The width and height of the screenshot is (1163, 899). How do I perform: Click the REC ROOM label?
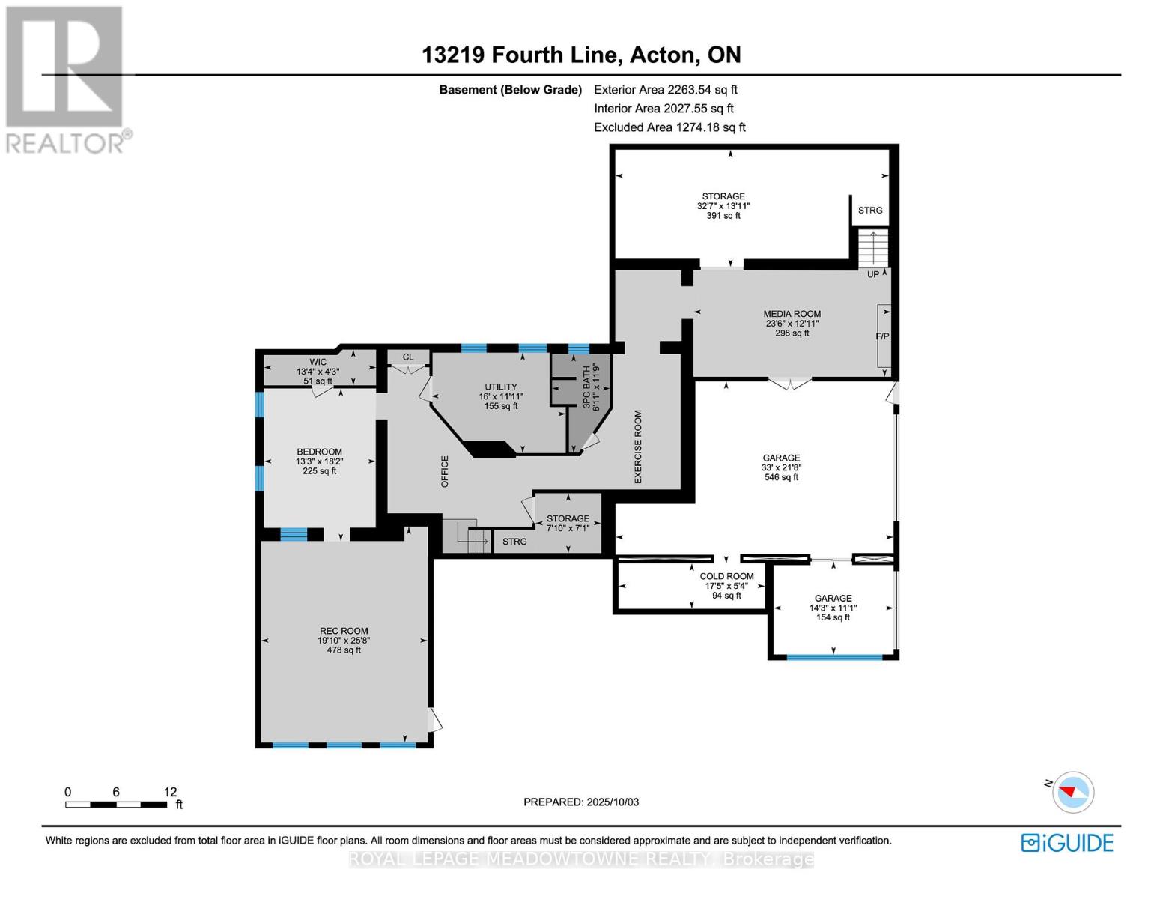pos(344,631)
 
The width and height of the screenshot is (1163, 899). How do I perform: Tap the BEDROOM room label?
pos(319,452)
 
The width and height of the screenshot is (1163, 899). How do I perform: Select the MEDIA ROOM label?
pos(792,314)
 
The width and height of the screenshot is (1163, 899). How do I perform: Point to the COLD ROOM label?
pos(726,576)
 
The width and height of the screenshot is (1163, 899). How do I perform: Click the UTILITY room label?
pos(500,387)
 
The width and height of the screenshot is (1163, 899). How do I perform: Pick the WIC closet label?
pos(318,362)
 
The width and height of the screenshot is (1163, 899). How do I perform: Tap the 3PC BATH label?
pos(586,387)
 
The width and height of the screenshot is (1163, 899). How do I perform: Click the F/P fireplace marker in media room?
pos(882,336)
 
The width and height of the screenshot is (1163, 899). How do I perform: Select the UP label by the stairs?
pos(872,274)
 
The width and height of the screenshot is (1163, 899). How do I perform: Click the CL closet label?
pos(407,357)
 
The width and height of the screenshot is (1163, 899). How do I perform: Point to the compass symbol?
pos(1072,791)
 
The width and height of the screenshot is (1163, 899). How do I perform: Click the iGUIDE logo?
pos(1067,843)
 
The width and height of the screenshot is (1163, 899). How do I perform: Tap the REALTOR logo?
pos(66,79)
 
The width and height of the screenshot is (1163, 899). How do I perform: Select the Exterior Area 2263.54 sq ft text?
pos(666,90)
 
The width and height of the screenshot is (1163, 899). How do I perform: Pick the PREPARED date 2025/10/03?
pos(581,802)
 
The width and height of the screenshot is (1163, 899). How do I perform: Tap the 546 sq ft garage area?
pos(781,477)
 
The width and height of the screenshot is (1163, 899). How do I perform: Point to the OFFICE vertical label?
pos(444,471)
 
